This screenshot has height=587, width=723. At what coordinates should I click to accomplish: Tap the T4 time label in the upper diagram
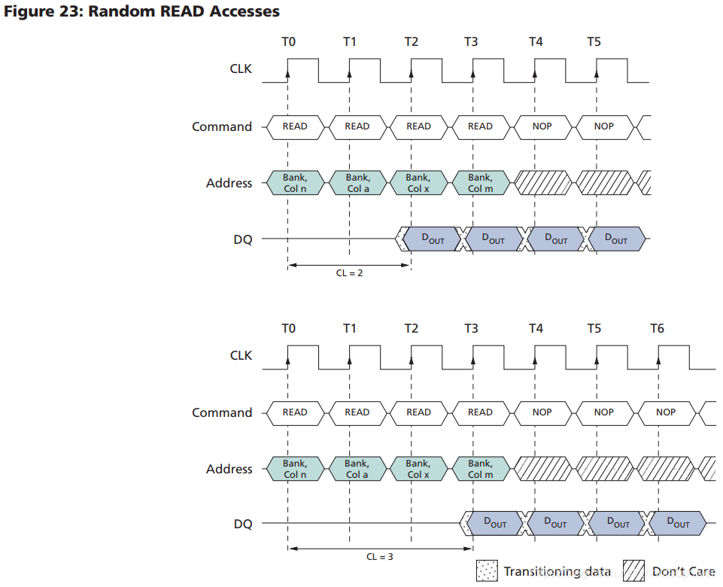tap(535, 41)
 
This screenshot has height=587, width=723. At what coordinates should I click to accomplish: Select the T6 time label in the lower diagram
tap(658, 328)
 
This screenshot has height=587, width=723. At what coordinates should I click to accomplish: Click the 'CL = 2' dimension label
tap(349, 273)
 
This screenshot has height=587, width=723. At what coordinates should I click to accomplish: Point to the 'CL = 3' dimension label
tap(379, 557)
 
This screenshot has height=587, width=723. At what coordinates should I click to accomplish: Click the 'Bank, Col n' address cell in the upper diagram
tap(294, 183)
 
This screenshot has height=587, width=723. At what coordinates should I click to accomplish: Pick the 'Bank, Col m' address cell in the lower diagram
tap(480, 469)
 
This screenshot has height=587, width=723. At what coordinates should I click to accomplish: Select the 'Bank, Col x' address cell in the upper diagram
tap(418, 183)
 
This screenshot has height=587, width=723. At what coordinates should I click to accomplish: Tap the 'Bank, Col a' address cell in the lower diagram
tap(357, 469)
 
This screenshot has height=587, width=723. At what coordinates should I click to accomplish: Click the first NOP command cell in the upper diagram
tap(542, 126)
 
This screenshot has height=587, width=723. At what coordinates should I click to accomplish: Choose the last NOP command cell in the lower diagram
tap(666, 412)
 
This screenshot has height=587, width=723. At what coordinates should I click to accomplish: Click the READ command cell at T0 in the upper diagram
tap(294, 126)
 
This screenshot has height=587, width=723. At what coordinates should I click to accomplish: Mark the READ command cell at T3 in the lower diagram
tap(480, 412)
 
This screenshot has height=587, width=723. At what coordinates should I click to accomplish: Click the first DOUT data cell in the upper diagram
tap(433, 239)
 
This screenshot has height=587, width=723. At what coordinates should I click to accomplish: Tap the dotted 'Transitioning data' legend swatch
tap(487, 571)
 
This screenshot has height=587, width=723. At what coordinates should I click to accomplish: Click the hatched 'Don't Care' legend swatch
tap(635, 571)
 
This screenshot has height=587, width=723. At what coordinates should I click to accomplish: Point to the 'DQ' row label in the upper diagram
tap(242, 239)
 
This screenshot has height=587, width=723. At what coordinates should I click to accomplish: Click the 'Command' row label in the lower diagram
tap(221, 412)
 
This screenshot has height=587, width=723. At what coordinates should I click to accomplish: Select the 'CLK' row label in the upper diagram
tap(241, 69)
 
